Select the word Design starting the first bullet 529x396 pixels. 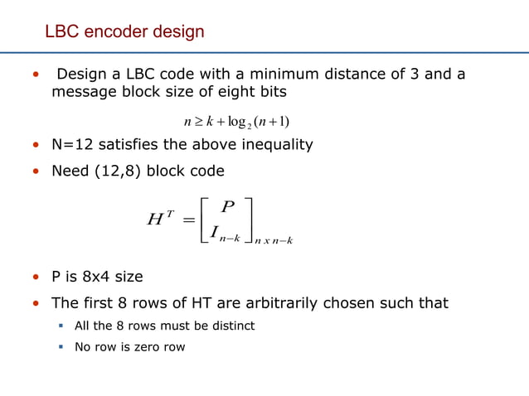point(81,75)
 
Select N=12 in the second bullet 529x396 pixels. point(75,145)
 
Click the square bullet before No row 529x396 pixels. point(61,347)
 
